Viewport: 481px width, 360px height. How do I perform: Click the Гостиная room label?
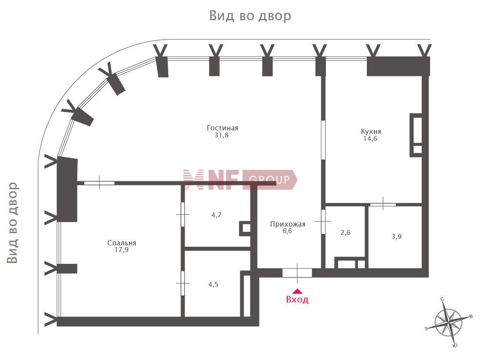(x=222, y=128)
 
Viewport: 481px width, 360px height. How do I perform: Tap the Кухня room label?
(x=371, y=131)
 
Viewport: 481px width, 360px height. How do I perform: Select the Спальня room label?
(x=122, y=243)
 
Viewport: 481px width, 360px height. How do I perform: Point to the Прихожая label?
(x=287, y=224)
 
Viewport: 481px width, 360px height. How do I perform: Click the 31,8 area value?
(x=221, y=135)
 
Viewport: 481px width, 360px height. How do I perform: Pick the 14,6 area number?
(x=370, y=139)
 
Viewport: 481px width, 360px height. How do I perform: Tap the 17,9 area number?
(x=122, y=250)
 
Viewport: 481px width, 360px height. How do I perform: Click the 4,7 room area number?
(x=216, y=215)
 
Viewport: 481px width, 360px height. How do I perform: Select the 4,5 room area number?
(x=213, y=284)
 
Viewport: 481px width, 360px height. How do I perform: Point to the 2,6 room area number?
(x=345, y=233)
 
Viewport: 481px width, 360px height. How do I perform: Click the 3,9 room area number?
(x=396, y=237)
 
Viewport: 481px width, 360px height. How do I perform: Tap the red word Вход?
(x=297, y=299)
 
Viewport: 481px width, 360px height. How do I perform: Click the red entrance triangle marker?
(x=297, y=292)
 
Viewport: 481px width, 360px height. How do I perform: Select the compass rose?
(x=449, y=323)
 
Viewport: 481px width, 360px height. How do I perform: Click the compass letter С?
(x=442, y=299)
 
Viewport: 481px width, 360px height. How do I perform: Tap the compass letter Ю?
(x=455, y=346)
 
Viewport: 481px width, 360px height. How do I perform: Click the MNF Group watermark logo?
(x=240, y=180)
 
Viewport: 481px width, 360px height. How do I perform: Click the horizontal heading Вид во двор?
(x=250, y=16)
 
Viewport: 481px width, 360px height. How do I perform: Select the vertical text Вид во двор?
(x=13, y=223)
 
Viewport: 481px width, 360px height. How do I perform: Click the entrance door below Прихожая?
(x=297, y=273)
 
